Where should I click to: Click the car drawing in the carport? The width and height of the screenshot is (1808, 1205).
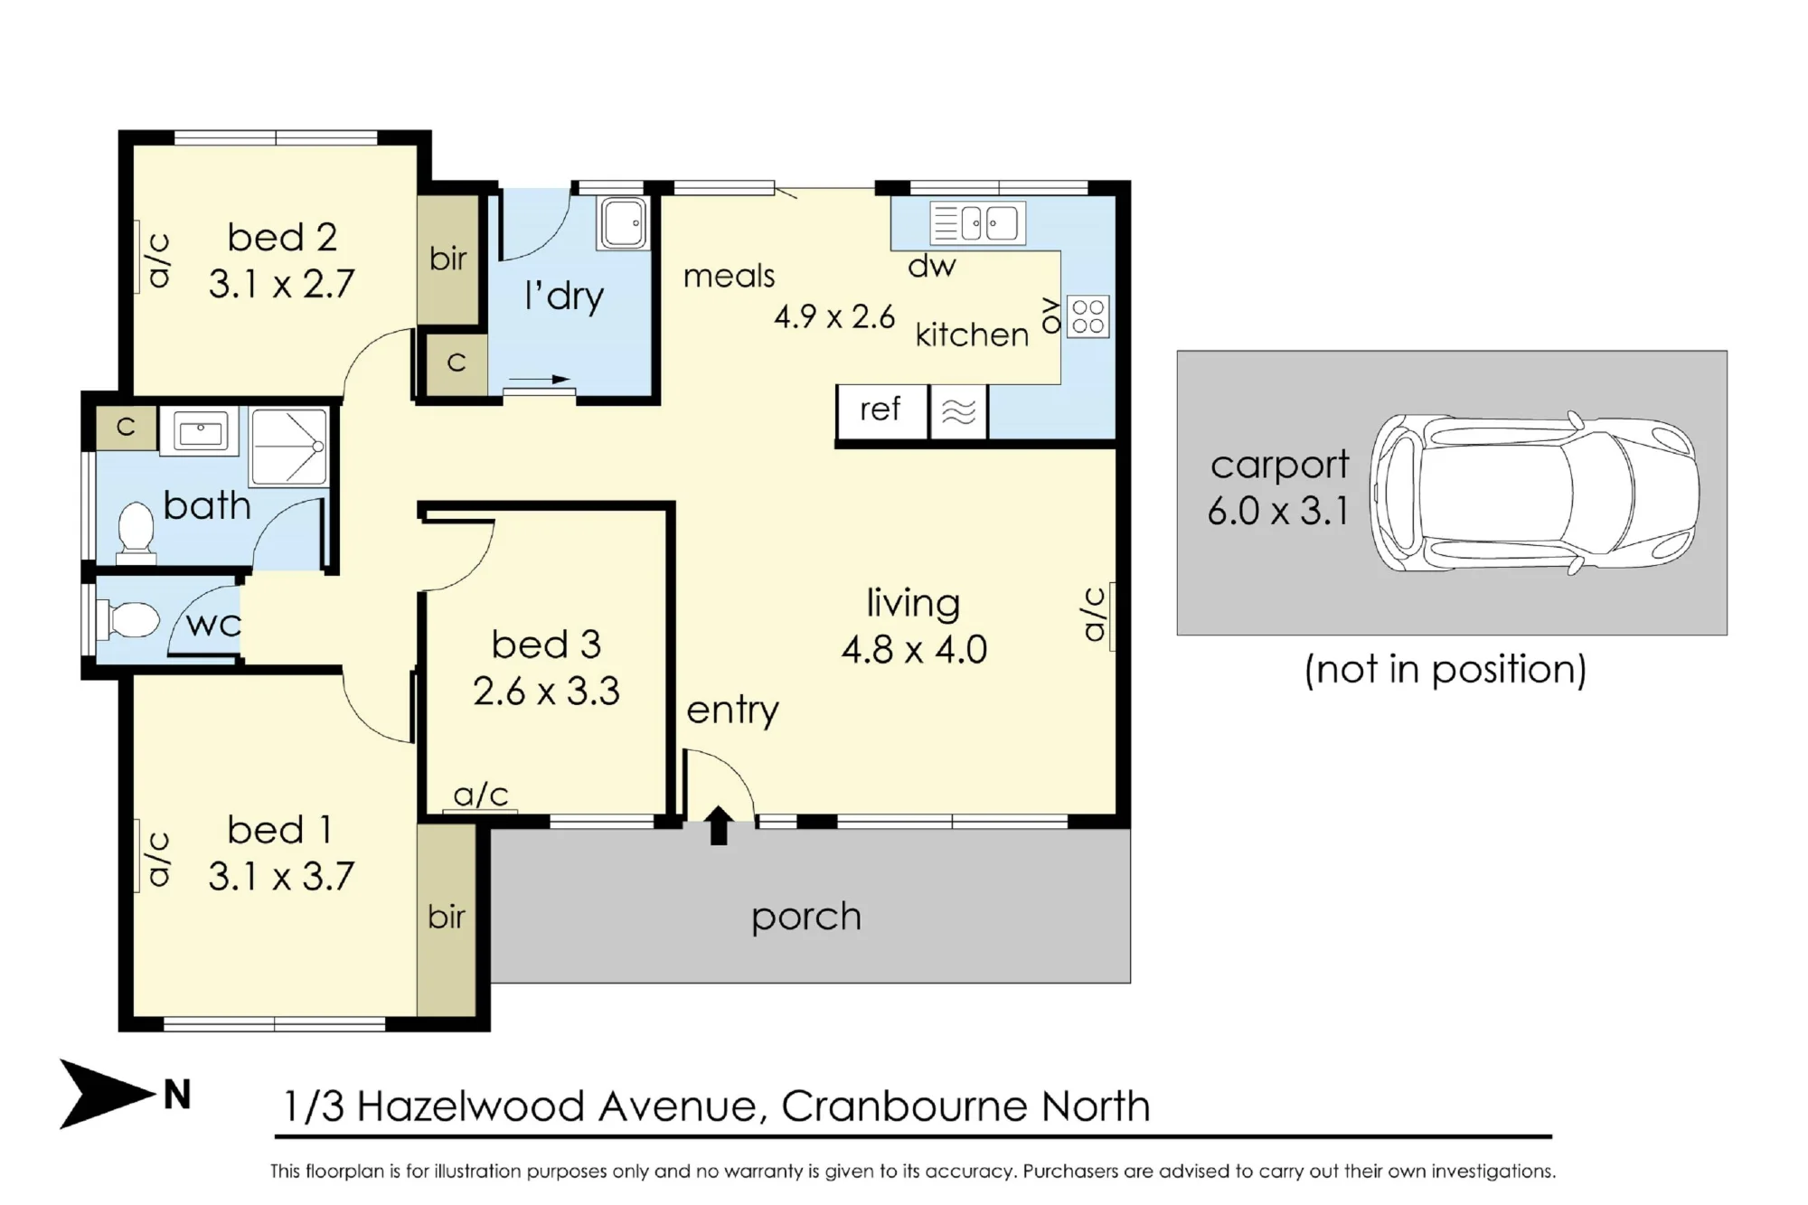(1534, 494)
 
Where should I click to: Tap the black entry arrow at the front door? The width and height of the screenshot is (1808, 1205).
(719, 825)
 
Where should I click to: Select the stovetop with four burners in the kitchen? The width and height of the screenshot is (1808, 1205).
(1088, 316)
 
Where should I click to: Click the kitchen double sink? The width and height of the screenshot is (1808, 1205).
(978, 223)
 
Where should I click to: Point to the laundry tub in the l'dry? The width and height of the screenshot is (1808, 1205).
(623, 223)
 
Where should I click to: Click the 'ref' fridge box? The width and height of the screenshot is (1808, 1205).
(881, 411)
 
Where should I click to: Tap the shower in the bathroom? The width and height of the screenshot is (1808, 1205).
(288, 447)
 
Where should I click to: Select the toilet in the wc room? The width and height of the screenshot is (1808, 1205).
(132, 621)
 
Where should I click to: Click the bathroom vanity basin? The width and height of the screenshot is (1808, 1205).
(200, 431)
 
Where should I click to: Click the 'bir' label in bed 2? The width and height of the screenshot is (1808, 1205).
(448, 259)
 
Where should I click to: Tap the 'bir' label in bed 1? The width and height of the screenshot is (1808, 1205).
(447, 917)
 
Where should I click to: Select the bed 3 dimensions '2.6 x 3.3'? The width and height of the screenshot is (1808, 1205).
(546, 692)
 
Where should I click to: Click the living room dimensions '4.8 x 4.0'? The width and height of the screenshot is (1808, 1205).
(914, 649)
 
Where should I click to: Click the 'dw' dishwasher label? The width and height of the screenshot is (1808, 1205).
(932, 266)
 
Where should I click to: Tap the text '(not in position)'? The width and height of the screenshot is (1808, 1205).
(1445, 670)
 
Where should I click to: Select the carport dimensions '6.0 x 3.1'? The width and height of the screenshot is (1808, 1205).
(1277, 511)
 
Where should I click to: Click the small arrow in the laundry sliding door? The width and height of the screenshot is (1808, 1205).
(540, 379)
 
